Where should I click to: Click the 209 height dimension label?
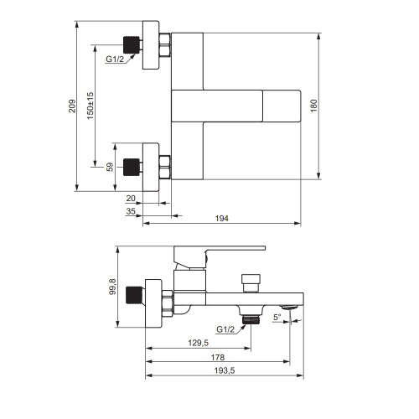[72, 106]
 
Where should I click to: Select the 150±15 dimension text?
[91, 106]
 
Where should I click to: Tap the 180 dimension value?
[313, 106]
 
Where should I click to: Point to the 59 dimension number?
[110, 167]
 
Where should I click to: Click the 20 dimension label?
[131, 199]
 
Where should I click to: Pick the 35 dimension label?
[131, 211]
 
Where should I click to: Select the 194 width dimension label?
[222, 218]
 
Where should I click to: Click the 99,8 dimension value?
[112, 287]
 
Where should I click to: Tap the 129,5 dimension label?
[199, 343]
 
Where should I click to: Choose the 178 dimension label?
[218, 357]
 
